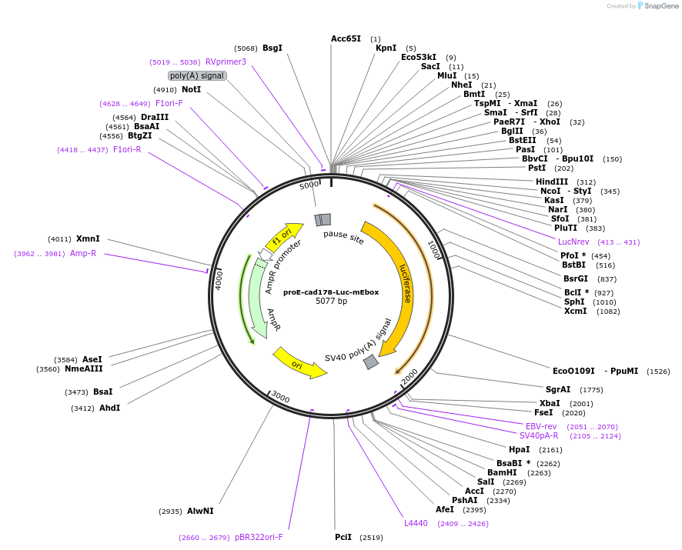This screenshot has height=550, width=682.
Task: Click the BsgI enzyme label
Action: pos(272,48)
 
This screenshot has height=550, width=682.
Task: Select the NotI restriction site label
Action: pos(192,89)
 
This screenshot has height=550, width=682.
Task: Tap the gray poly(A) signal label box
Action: pos(197,75)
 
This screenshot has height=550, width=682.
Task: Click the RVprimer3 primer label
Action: pos(226,62)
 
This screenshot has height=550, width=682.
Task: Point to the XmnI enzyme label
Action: pos(88,238)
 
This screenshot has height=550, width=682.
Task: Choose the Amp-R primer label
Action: pos(83,253)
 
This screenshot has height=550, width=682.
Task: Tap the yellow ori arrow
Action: pos(299,362)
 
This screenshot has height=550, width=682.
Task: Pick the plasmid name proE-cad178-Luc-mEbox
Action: pos(331,292)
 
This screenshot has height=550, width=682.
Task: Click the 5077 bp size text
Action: pos(331,301)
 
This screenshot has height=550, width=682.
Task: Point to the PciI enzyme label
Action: pos(343,537)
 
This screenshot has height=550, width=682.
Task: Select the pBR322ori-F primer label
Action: pos(259,537)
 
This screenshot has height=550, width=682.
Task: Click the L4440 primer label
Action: pos(416,523)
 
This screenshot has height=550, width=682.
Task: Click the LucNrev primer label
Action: pos(573,242)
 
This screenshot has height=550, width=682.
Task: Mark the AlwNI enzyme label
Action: pos(200,511)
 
